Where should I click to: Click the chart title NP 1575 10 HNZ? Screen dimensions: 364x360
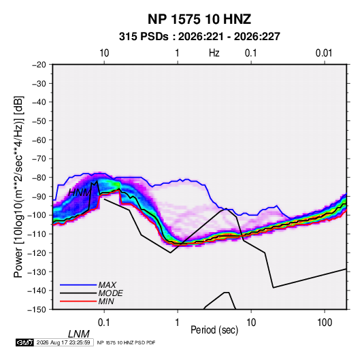pyautogui.click(x=199, y=19)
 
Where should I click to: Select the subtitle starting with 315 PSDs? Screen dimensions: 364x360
pyautogui.click(x=199, y=37)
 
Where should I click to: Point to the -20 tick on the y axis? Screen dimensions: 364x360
pyautogui.click(x=39, y=65)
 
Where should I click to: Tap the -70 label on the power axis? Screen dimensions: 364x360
pyautogui.click(x=39, y=159)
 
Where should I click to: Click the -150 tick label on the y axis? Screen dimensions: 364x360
pyautogui.click(x=37, y=310)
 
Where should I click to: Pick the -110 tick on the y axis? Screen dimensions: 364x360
pyautogui.click(x=37, y=234)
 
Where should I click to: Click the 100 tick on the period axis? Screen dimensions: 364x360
pyautogui.click(x=325, y=323)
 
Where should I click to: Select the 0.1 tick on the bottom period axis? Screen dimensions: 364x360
pyautogui.click(x=104, y=323)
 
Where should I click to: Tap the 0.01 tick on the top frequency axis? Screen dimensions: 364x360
pyautogui.click(x=324, y=53)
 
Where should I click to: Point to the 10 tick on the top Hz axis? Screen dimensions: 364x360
pyautogui.click(x=104, y=53)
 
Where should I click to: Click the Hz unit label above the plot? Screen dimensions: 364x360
pyautogui.click(x=214, y=53)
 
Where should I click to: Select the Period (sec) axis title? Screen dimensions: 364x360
pyautogui.click(x=214, y=330)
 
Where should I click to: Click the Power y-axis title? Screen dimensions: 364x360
pyautogui.click(x=18, y=187)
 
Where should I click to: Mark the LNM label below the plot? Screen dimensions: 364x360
pyautogui.click(x=79, y=334)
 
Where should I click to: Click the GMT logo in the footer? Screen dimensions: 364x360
pyautogui.click(x=25, y=342)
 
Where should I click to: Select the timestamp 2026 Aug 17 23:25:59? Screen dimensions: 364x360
pyautogui.click(x=63, y=342)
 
